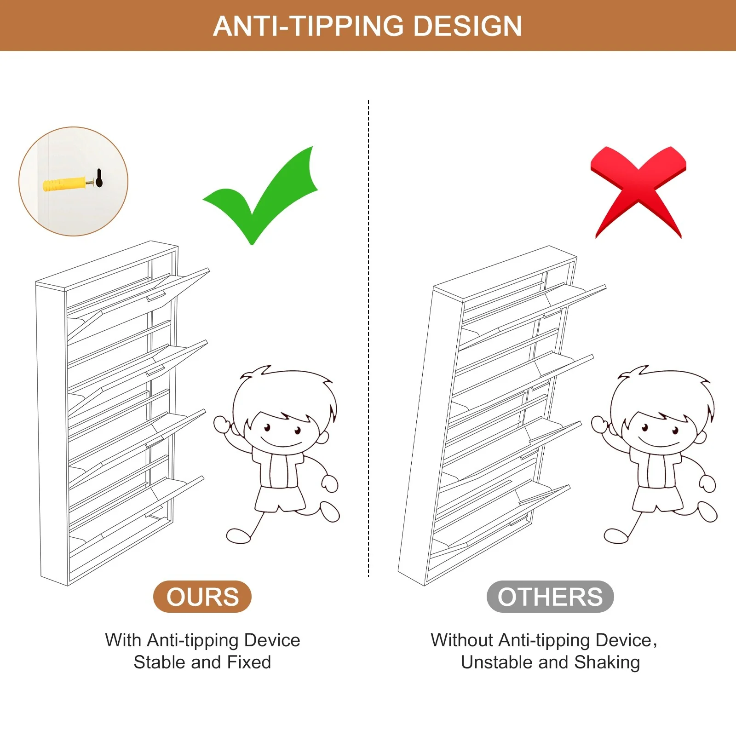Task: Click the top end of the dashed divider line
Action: (x=368, y=100)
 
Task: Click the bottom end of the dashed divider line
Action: (x=368, y=576)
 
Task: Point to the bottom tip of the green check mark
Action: (x=252, y=244)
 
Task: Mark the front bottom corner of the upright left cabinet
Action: (x=68, y=586)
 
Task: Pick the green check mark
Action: (x=260, y=195)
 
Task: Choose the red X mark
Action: (x=638, y=192)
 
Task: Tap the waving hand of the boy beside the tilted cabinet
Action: (x=599, y=423)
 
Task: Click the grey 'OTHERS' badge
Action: (x=550, y=597)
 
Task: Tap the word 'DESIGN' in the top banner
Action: (x=468, y=26)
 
